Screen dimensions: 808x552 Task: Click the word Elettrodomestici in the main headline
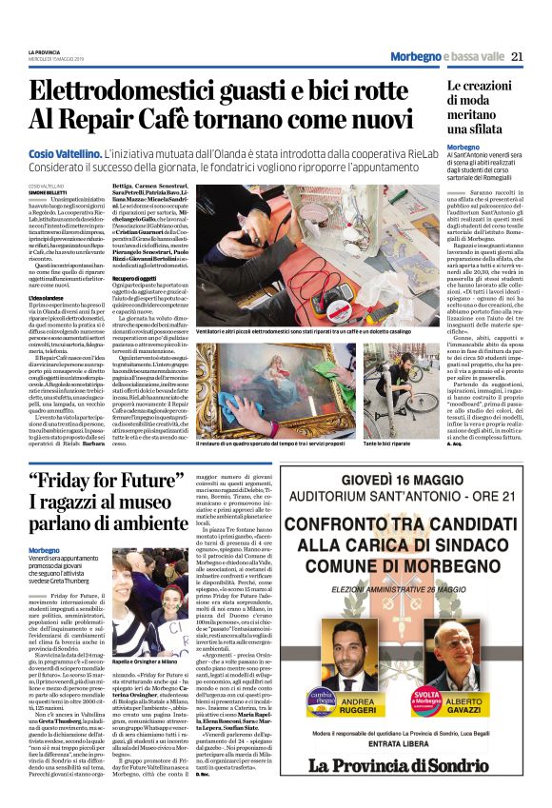[x=141, y=92]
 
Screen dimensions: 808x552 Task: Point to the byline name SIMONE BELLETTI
[x=47, y=191]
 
